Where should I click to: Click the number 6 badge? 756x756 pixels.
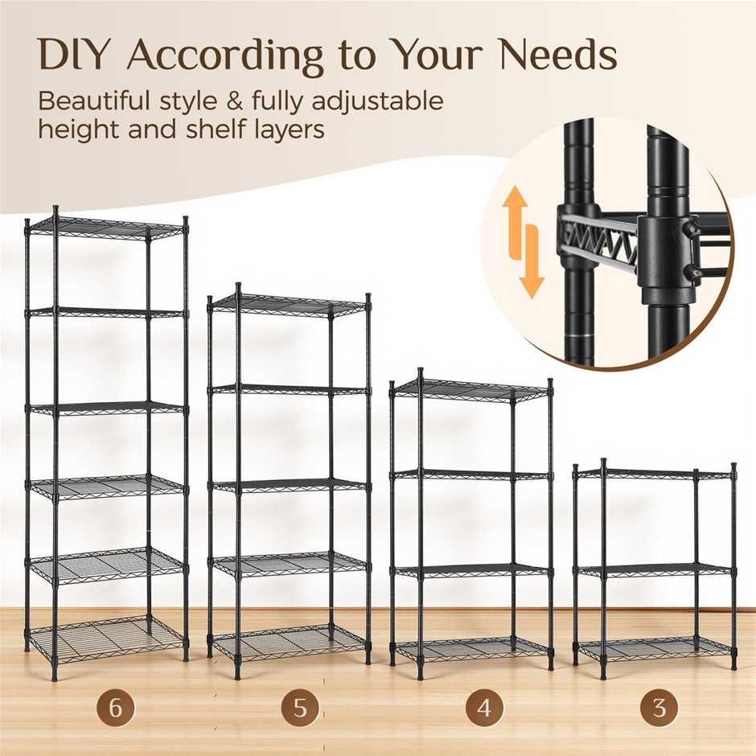click(x=116, y=707)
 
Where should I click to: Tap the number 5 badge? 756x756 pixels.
click(x=300, y=708)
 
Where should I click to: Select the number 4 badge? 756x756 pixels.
click(x=484, y=708)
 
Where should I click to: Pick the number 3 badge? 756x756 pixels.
click(x=659, y=708)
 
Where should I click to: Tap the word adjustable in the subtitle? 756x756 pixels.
click(x=377, y=103)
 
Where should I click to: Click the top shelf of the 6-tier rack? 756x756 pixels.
click(x=105, y=227)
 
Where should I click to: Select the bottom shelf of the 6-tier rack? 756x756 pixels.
click(x=105, y=634)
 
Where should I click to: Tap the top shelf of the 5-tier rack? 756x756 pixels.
click(x=290, y=305)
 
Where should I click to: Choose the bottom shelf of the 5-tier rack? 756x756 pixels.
click(x=290, y=643)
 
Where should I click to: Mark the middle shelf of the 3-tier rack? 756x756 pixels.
click(x=655, y=570)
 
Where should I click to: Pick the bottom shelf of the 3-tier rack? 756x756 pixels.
click(x=655, y=648)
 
